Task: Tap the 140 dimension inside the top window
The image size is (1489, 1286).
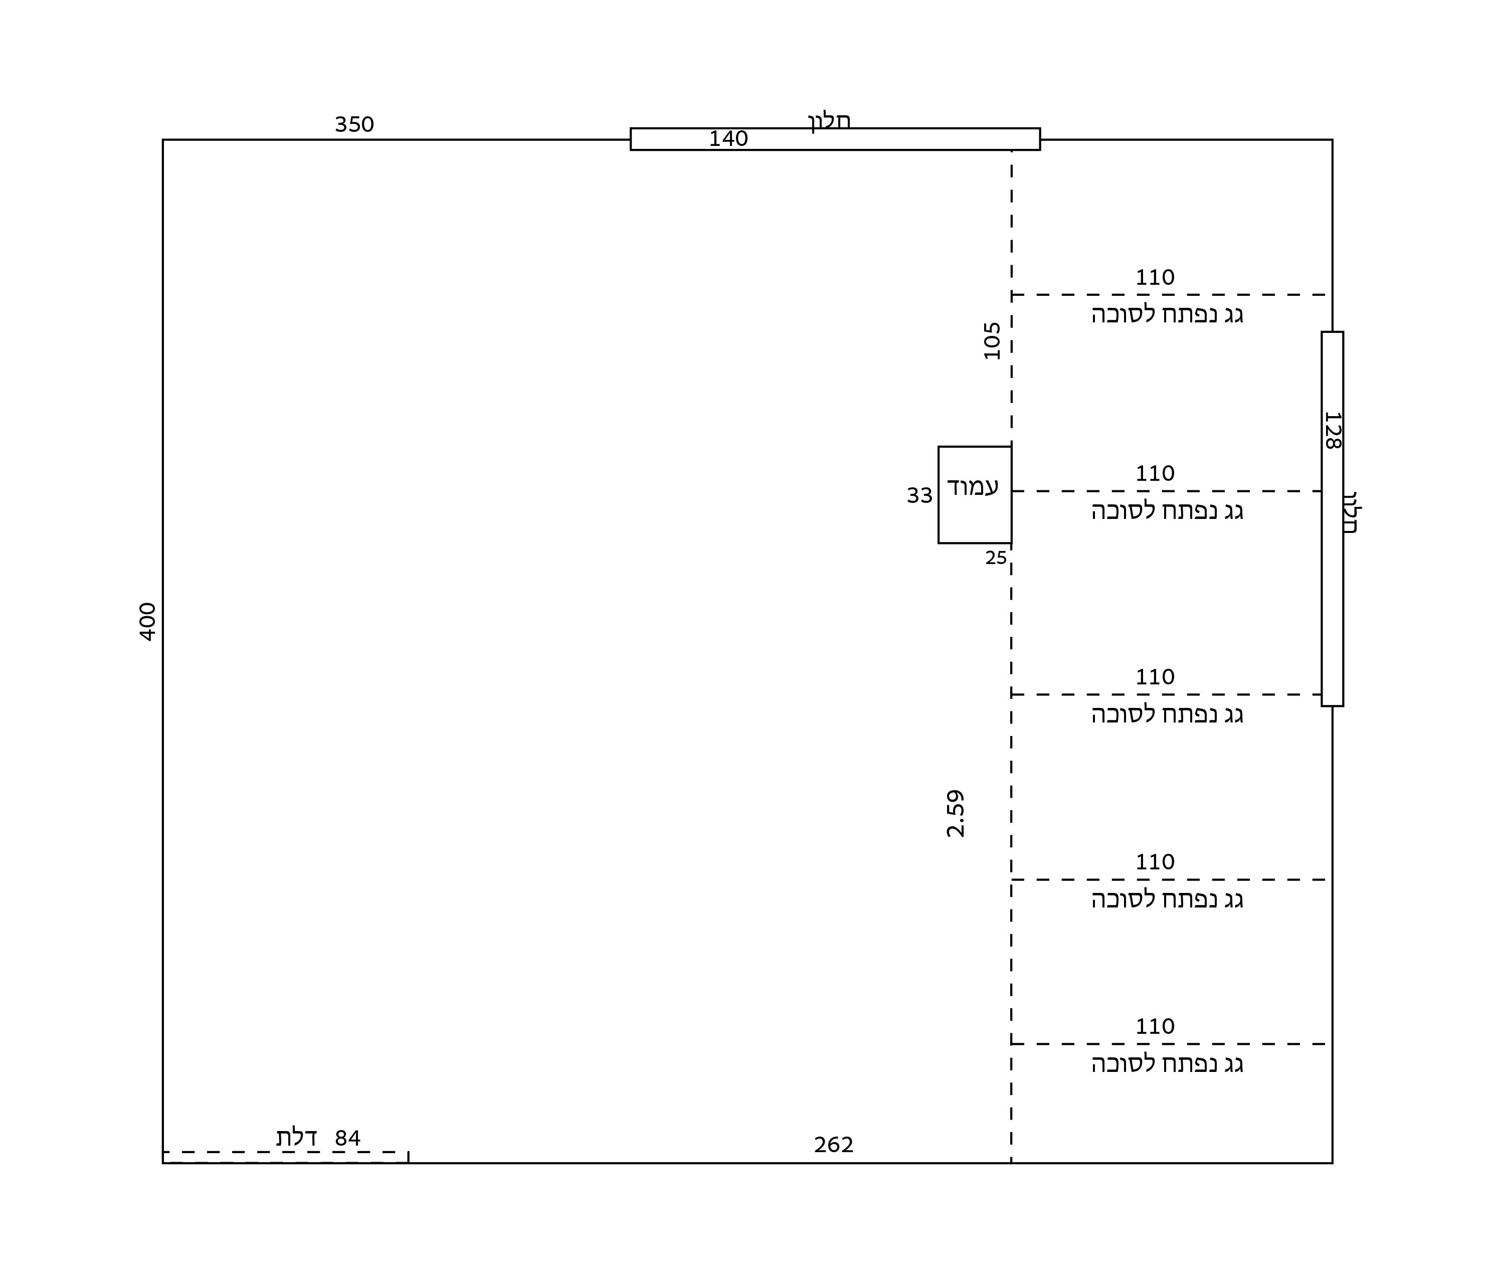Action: (728, 139)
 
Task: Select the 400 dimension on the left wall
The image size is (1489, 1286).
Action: (147, 621)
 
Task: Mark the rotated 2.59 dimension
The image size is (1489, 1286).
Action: (955, 813)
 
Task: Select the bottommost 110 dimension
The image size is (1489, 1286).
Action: (1155, 1026)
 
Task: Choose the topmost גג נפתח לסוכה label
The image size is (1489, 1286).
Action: (1167, 315)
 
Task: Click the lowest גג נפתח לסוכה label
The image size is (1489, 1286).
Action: (1167, 1064)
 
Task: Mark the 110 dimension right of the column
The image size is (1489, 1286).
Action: (1155, 474)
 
